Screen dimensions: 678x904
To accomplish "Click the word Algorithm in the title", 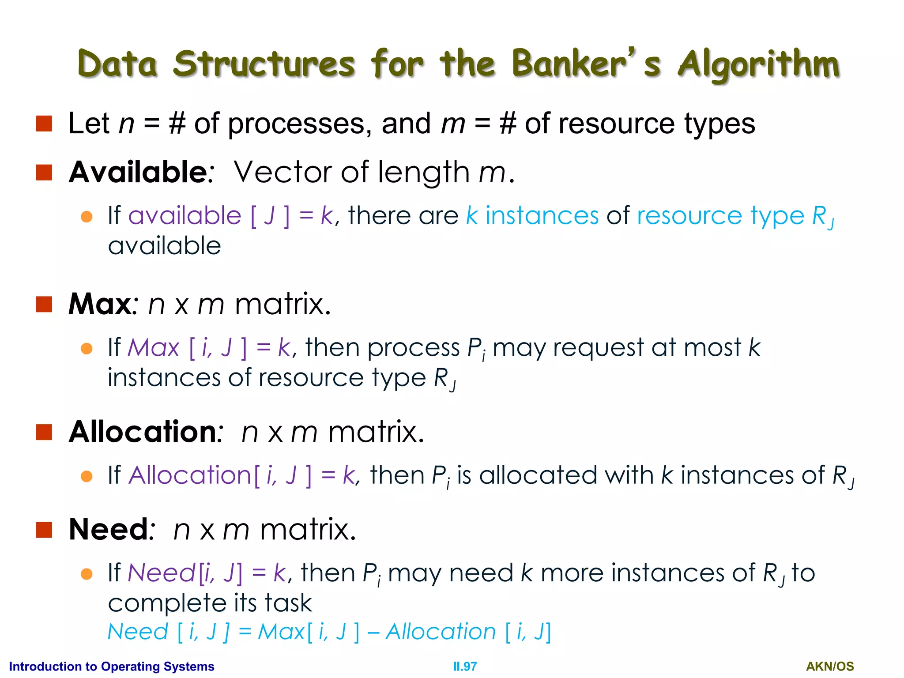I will click(758, 65).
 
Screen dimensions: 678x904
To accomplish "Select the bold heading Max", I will click(100, 304).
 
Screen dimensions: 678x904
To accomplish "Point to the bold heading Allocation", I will click(143, 432).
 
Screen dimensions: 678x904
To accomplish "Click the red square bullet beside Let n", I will click(44, 124).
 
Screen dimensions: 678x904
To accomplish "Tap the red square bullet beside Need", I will click(44, 530).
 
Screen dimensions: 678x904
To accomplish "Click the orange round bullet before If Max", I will click(87, 349).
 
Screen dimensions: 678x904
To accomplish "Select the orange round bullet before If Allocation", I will click(87, 476).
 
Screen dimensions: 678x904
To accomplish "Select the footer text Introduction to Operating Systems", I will click(111, 667).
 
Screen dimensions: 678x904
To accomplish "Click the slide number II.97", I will click(465, 667).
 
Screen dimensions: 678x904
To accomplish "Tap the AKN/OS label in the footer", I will click(830, 667).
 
